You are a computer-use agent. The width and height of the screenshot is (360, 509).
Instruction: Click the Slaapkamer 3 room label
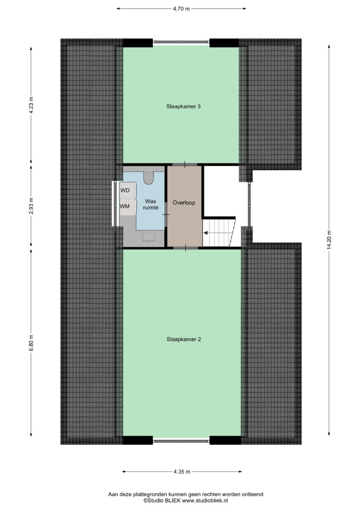coord(183,106)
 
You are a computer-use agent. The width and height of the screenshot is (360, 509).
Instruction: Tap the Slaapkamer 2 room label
coord(184,339)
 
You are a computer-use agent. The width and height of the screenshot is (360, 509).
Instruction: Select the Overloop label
coord(184,202)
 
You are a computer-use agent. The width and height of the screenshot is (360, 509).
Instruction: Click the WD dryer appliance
coord(128,190)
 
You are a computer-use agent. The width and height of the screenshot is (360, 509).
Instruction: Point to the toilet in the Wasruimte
coord(149,178)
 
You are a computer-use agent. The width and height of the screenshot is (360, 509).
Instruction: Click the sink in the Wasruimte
coord(149,238)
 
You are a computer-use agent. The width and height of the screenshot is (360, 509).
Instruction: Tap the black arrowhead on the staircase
coord(205,233)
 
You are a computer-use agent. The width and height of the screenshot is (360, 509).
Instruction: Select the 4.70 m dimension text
coord(181,9)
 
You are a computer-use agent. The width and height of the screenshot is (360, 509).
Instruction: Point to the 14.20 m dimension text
coord(329,240)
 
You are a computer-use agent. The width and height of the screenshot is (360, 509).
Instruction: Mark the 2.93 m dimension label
coord(31,206)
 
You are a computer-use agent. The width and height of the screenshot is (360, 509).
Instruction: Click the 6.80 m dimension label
coord(31,343)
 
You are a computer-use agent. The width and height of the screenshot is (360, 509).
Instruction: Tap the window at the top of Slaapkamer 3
coord(181,42)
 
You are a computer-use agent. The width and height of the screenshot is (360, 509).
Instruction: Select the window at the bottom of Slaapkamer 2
coord(181,441)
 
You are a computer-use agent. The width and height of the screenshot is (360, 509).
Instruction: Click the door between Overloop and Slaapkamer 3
coord(184,164)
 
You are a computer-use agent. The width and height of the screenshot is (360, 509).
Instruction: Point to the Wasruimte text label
coord(151,204)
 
